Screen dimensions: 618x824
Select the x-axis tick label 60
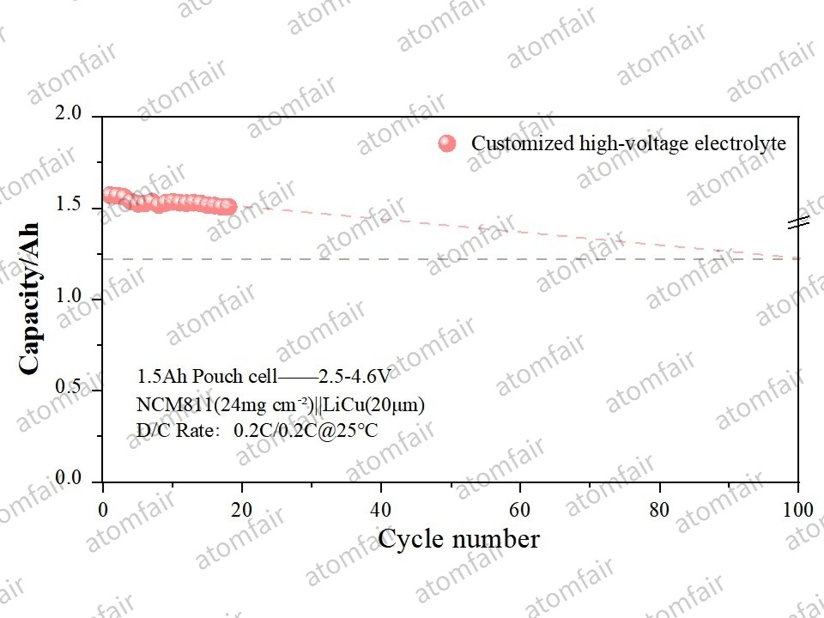tap(520, 509)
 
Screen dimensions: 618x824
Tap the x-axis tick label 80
tap(659, 509)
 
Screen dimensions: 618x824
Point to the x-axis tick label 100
tap(798, 509)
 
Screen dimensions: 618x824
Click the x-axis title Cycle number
tap(458, 539)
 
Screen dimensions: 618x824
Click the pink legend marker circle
tap(446, 143)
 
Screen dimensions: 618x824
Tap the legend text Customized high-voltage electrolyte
tap(628, 143)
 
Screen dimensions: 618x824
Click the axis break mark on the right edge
tap(799, 222)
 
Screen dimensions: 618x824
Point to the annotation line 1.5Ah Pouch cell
tap(207, 376)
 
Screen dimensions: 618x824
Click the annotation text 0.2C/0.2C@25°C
tap(306, 430)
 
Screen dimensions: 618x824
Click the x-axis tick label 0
tap(103, 509)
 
